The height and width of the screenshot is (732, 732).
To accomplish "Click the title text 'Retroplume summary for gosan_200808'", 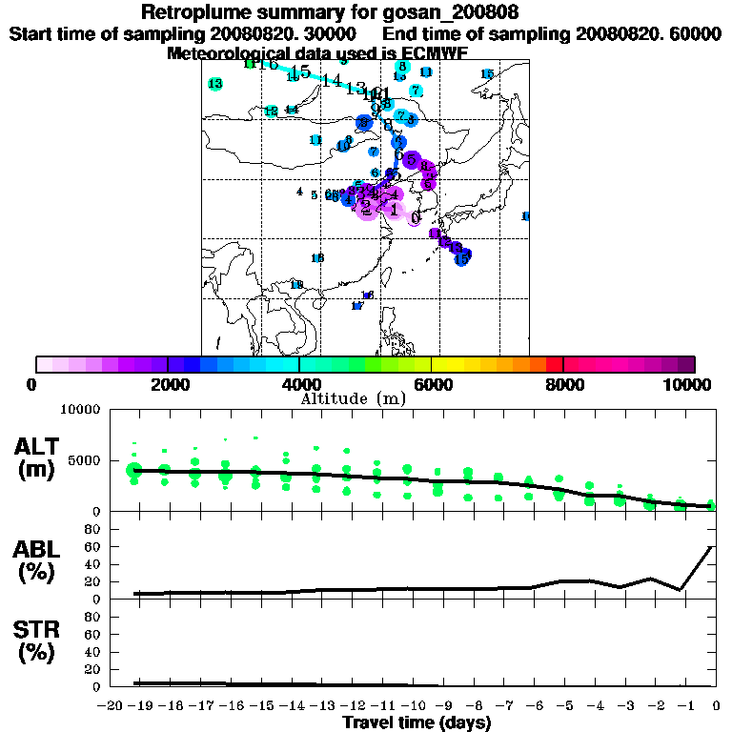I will point(330,12).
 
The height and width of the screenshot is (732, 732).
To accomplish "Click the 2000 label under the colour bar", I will point(168,384).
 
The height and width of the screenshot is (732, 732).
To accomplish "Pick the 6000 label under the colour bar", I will point(431,384).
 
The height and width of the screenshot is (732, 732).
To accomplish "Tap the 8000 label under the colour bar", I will point(563,384).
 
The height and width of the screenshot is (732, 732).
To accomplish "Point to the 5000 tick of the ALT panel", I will point(84,459).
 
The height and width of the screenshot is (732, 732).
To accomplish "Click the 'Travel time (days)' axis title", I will point(417,723).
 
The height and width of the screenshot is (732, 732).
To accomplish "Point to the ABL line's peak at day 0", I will point(711,547).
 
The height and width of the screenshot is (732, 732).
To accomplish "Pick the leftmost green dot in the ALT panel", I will point(134,469).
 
